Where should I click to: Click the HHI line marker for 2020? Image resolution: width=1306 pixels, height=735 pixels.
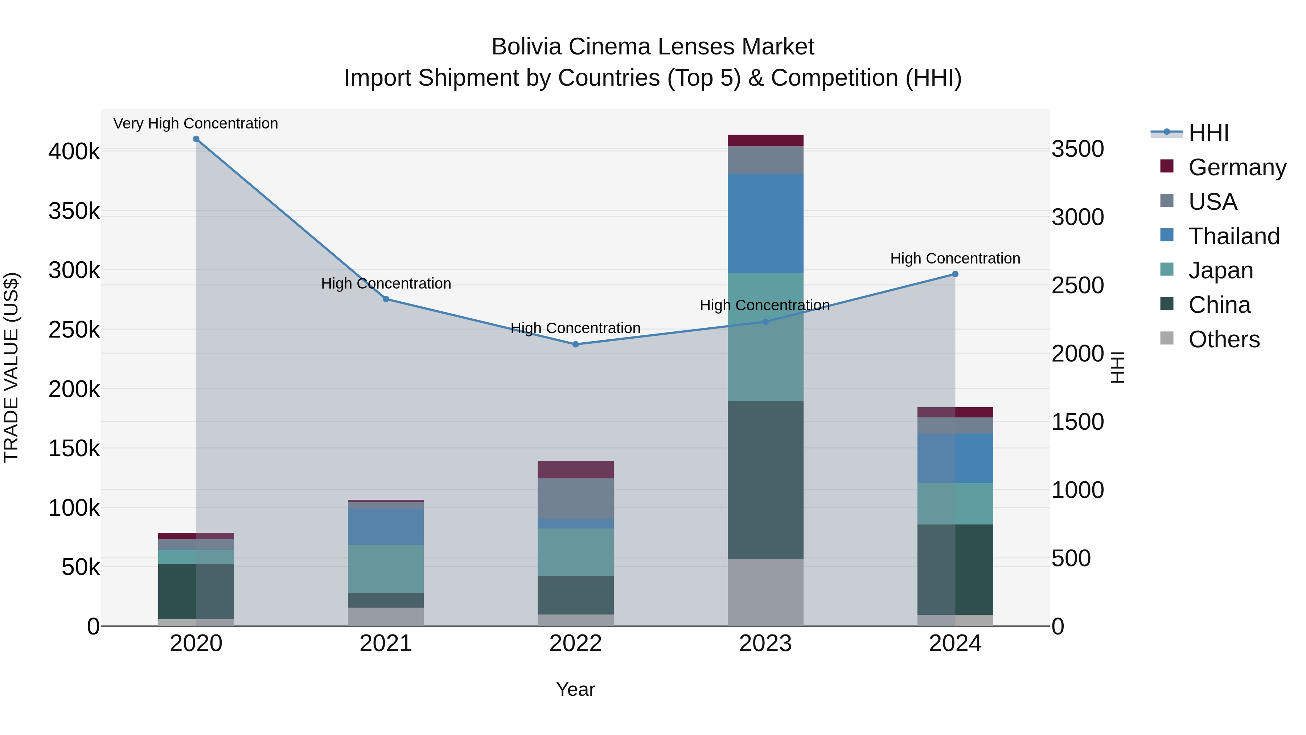coord(196,139)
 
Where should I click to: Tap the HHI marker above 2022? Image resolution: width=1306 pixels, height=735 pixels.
coord(575,344)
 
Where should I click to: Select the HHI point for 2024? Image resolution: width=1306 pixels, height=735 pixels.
coord(955,274)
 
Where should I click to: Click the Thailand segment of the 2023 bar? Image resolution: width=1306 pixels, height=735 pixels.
coord(765,224)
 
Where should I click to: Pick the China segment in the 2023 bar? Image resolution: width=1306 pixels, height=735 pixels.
coord(765,480)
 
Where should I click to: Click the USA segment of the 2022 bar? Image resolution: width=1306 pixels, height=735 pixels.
coord(575,499)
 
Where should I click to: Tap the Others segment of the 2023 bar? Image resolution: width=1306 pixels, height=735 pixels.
coord(765,592)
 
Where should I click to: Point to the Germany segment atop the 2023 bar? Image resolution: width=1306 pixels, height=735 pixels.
coord(765,140)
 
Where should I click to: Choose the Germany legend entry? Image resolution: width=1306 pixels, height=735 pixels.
coord(1237,167)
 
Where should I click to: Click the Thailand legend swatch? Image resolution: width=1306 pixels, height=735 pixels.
coord(1167,235)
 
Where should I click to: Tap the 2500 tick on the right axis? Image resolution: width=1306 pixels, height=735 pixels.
coord(1077,286)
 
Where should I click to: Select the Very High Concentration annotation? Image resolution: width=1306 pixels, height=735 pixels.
coord(196,124)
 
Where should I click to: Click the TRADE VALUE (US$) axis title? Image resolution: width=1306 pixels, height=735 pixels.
coord(11,367)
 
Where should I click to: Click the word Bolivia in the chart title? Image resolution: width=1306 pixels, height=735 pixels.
coord(527,47)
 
